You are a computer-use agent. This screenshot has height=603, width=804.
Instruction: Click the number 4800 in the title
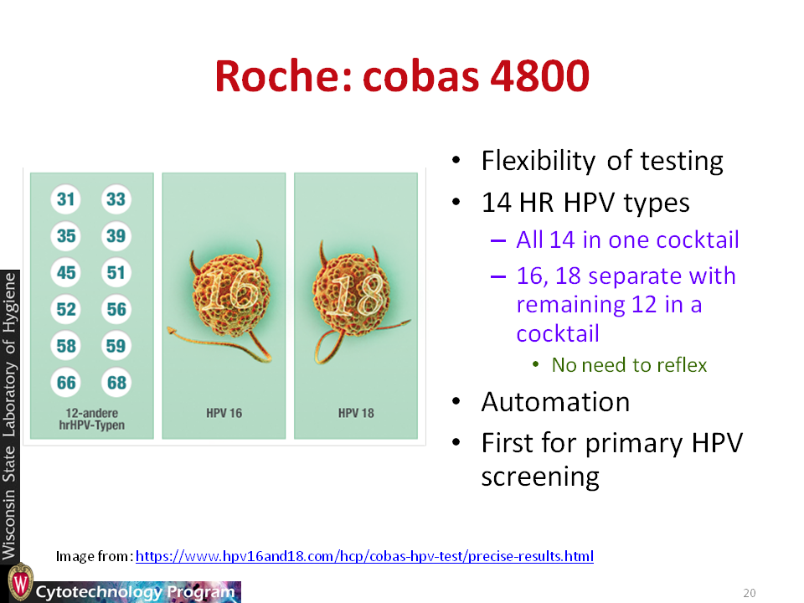pos(540,76)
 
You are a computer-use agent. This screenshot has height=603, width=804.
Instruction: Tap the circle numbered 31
pos(65,199)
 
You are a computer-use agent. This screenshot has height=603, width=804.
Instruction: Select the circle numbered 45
pos(65,272)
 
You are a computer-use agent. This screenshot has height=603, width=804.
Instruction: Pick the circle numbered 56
pos(116,309)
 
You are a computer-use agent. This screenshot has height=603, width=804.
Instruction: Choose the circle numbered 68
pos(116,383)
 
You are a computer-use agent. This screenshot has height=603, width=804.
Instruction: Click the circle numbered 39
pos(116,236)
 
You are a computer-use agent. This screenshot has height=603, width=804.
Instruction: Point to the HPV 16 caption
pos(224,413)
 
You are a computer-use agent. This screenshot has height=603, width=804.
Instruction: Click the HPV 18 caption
pos(356,413)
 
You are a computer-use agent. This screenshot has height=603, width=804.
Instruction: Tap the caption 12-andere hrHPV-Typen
pos(92,419)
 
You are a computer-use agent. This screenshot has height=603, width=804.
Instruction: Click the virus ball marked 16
pos(231,296)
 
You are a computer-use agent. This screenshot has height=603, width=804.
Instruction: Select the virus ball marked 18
pos(351,294)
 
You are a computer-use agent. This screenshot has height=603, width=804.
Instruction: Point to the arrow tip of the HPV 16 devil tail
pos(168,331)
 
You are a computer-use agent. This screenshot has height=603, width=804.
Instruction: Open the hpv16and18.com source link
pos(364,556)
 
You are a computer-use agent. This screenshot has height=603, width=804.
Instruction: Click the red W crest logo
pos(20,582)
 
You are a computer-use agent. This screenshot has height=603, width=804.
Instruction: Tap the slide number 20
pos(749,593)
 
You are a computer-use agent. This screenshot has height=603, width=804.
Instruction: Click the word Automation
pos(555,402)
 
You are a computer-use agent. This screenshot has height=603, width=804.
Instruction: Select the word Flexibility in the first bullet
pos(539,161)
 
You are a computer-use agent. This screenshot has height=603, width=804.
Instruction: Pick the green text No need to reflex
pos(629,365)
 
